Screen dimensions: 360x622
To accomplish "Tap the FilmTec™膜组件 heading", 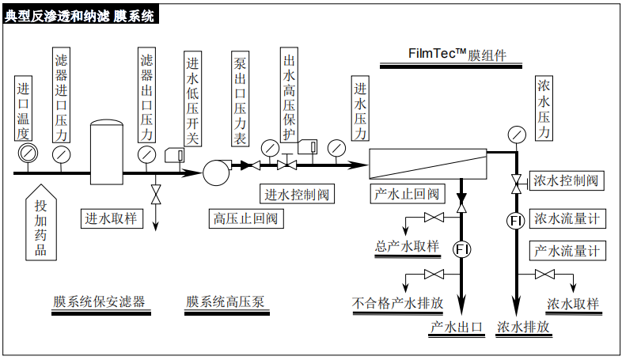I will click(457, 55).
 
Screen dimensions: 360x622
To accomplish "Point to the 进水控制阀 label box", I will click(296, 194).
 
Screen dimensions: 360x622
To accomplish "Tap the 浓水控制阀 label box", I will click(566, 181).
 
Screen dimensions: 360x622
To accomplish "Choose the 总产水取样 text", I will click(407, 245).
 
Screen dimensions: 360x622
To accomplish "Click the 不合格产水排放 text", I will click(397, 302).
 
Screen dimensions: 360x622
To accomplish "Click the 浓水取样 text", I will click(572, 304).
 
